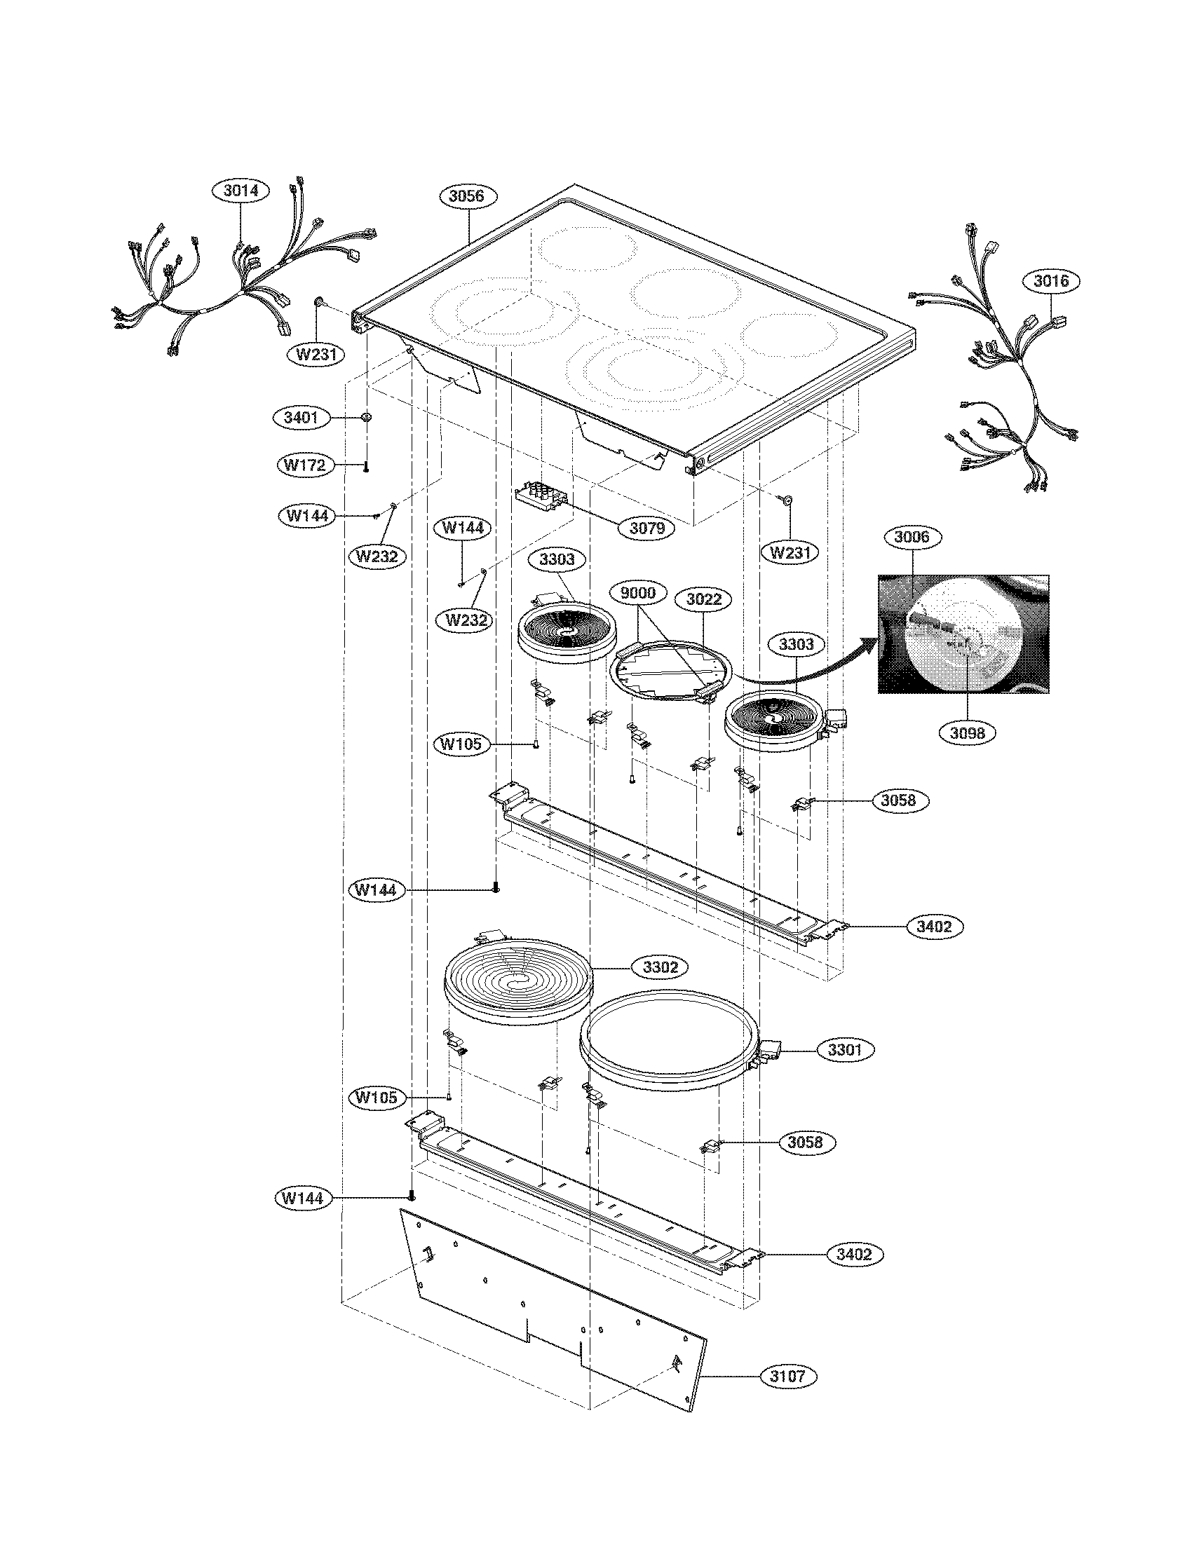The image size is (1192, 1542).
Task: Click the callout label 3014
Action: (241, 191)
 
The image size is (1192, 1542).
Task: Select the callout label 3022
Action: (703, 599)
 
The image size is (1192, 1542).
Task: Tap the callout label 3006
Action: (912, 538)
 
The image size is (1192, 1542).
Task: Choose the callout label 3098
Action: (967, 733)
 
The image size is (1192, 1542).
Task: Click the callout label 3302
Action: (660, 967)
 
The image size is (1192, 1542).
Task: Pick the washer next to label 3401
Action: (367, 418)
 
